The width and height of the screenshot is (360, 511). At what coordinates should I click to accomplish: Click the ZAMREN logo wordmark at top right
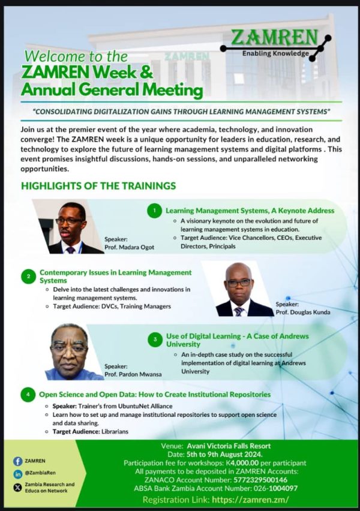[x=274, y=37]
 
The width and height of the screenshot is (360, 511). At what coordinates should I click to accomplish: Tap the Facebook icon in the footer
[x=18, y=461]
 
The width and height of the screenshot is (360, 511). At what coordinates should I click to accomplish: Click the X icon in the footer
[x=18, y=488]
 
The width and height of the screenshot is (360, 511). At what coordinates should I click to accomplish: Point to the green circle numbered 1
[x=155, y=211]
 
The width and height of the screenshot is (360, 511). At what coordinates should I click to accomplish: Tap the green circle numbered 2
[x=28, y=276]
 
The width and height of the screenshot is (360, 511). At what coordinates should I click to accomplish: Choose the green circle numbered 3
[x=155, y=339]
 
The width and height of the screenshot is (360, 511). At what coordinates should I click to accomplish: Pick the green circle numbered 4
[x=28, y=394]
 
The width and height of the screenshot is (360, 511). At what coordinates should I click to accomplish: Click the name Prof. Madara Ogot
[x=129, y=247]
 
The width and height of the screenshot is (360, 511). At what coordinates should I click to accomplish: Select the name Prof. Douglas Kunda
[x=303, y=312]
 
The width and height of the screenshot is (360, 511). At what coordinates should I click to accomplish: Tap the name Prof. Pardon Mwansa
[x=133, y=374]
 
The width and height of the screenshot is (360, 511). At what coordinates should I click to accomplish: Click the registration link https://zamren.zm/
[x=250, y=500]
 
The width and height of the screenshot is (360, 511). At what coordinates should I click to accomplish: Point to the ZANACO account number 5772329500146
[x=260, y=480]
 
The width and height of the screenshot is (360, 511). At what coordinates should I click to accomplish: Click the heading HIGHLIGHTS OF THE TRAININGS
[x=98, y=186]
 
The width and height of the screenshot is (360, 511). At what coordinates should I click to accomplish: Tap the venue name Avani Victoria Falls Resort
[x=229, y=446]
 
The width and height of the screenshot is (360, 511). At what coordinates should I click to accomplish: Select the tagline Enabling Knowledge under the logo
[x=275, y=53]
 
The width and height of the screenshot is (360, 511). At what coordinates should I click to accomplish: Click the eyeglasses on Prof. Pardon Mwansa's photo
[x=69, y=348]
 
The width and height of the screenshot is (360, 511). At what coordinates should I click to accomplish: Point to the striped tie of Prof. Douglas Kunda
[x=239, y=311]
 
